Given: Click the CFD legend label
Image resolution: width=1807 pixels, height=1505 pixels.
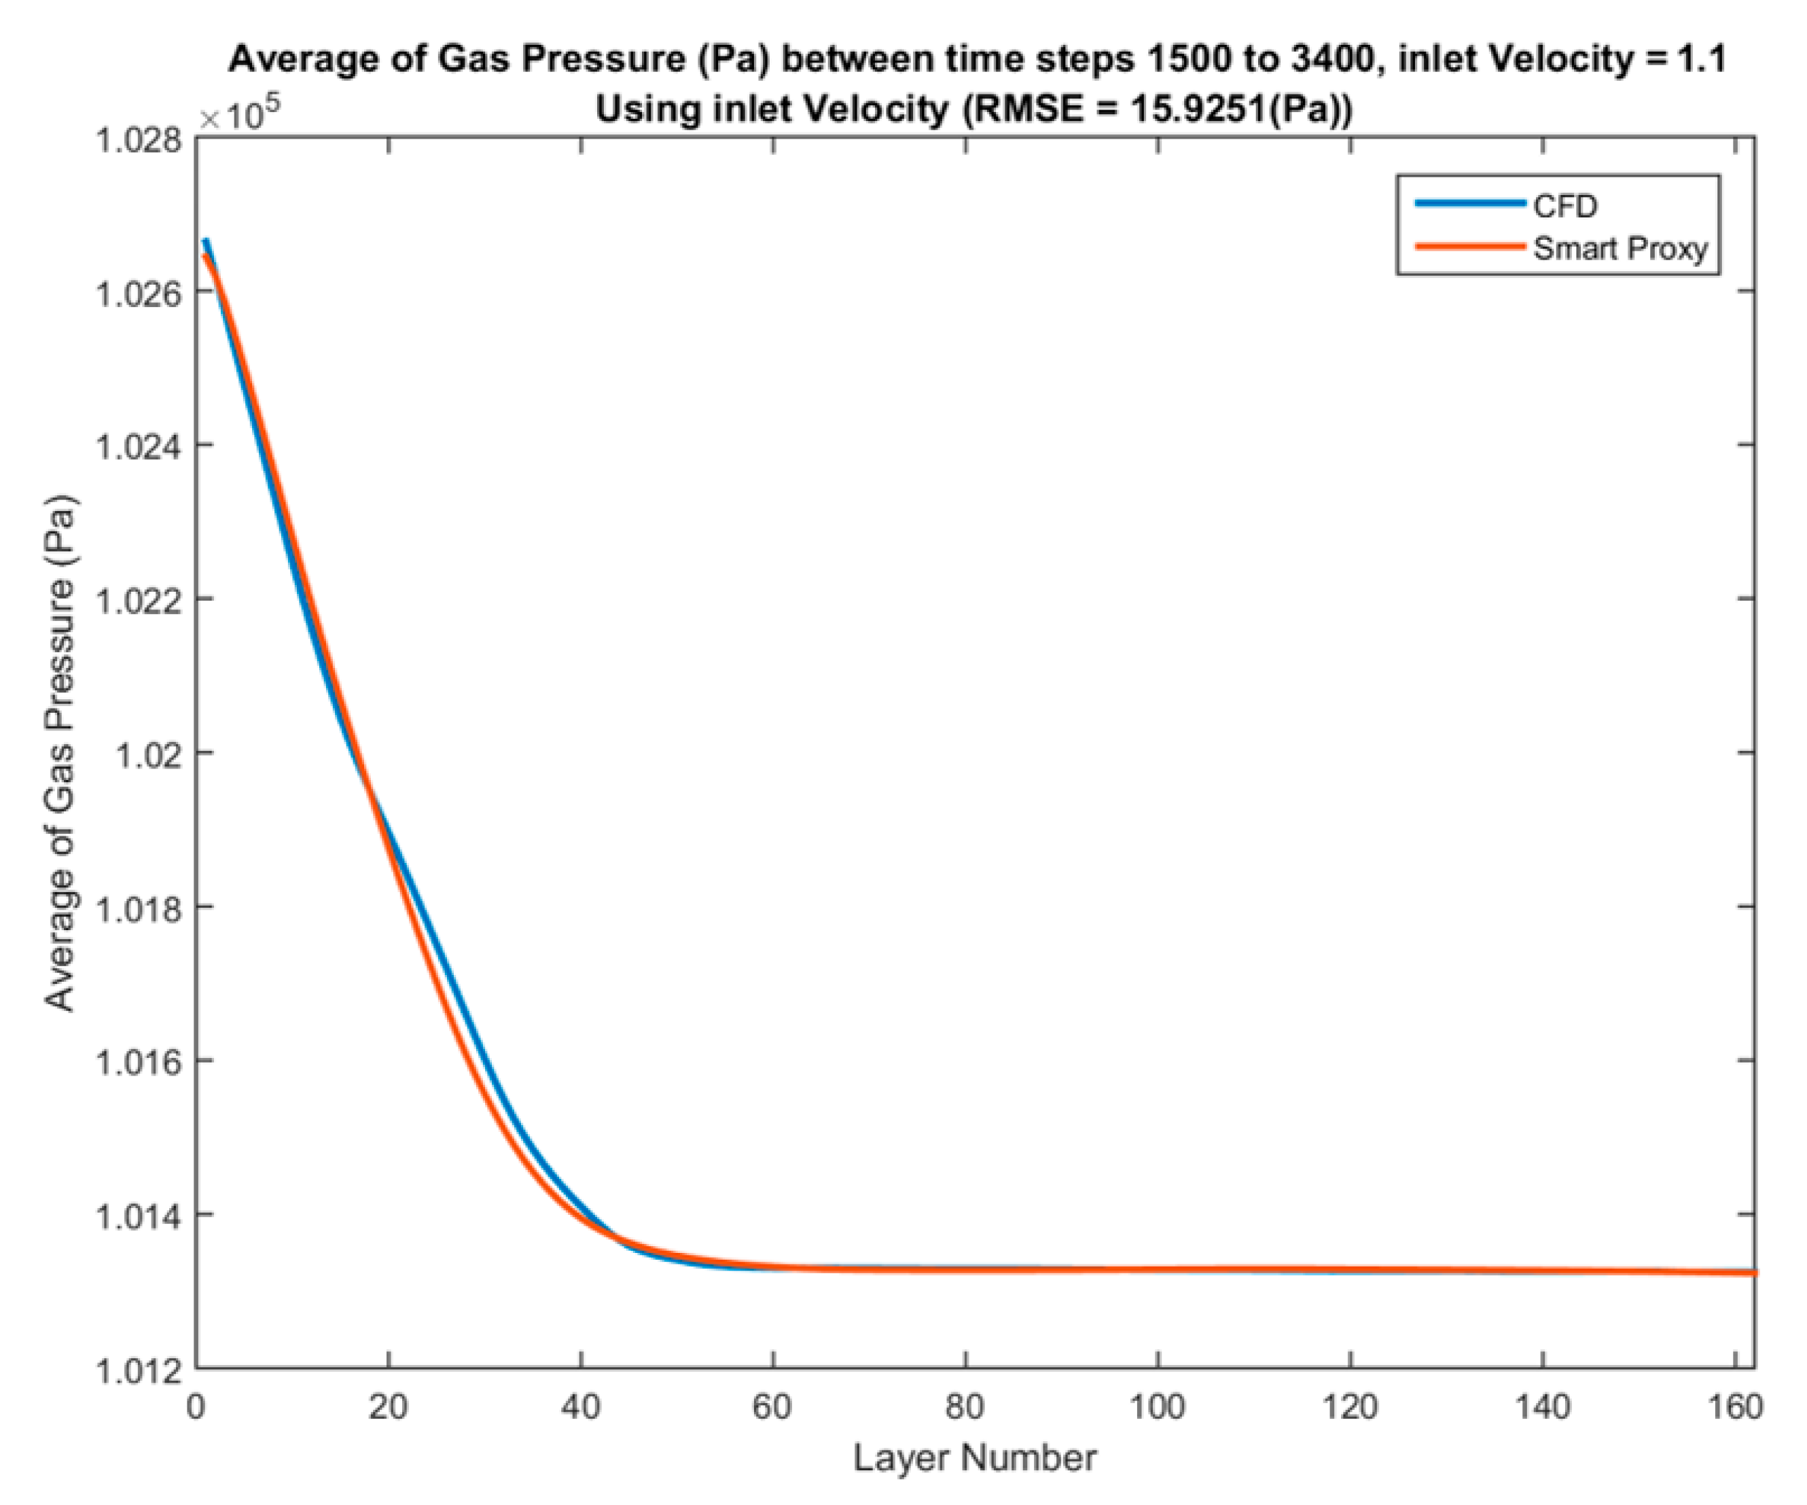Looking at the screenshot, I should pos(1565,207).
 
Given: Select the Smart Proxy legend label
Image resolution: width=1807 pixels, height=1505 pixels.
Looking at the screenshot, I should pos(1620,249).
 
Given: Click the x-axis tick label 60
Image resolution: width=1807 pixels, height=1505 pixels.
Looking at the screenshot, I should pos(772,1408).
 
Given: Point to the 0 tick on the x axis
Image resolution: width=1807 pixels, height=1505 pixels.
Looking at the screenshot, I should pos(196,1408).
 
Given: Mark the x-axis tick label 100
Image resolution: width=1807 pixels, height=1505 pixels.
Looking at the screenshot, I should pos(1158,1408).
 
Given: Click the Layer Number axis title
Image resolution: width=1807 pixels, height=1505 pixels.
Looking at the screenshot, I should pos(974,1459).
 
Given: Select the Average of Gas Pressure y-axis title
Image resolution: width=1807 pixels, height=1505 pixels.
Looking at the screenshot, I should pos(60,753).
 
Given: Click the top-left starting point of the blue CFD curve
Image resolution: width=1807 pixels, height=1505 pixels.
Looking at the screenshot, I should pos(207,241).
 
